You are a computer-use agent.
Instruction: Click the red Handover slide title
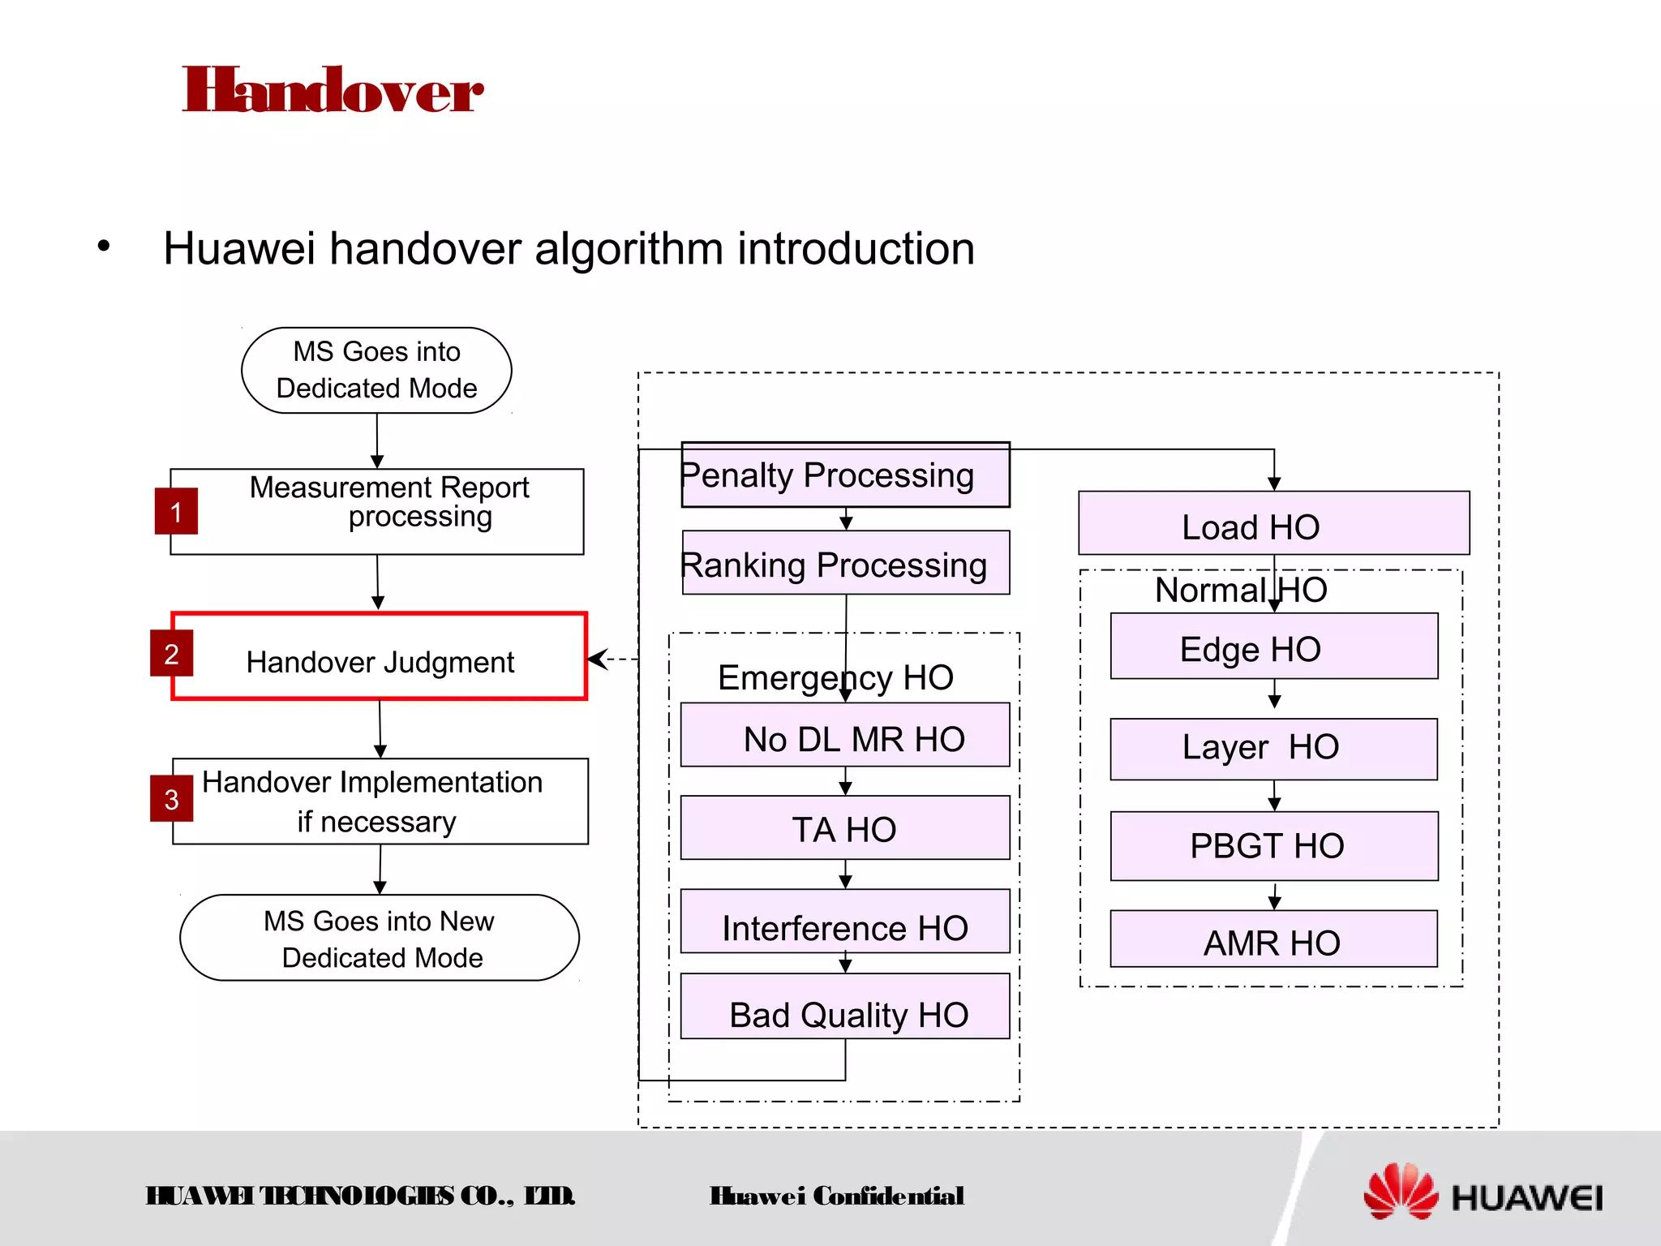[x=333, y=91]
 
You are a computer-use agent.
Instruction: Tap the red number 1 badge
[x=176, y=511]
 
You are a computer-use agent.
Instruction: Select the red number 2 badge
[x=171, y=653]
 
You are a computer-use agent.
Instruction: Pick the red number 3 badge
[x=171, y=799]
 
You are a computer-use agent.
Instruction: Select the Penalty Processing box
[x=845, y=475]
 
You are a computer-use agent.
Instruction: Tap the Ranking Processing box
[x=845, y=564]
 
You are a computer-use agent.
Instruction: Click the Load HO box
[x=1273, y=524]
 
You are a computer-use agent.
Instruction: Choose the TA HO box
[x=845, y=828]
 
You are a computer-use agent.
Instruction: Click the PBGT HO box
[x=1273, y=846]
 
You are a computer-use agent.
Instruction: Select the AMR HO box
[x=1273, y=940]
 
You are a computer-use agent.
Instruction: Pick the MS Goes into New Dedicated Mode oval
[x=380, y=938]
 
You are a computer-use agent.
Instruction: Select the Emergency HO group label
[x=835, y=677]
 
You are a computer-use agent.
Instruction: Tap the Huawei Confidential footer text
[x=836, y=1196]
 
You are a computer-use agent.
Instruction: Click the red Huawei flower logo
[x=1400, y=1192]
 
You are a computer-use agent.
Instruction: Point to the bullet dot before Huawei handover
[x=103, y=246]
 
